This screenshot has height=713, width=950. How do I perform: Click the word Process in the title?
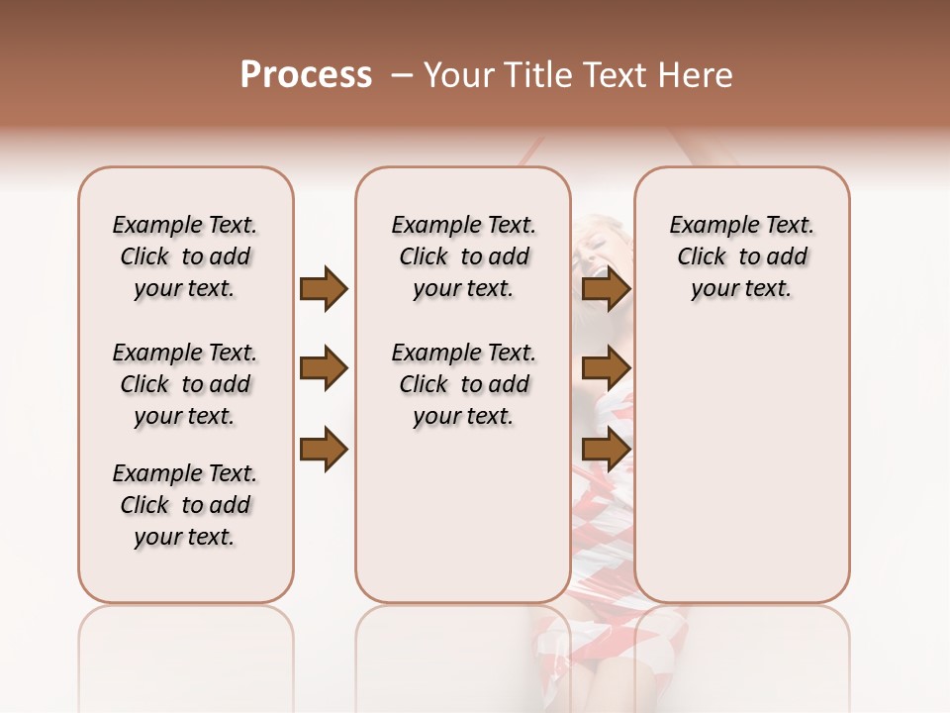click(306, 75)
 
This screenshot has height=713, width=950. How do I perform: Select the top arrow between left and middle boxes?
click(324, 289)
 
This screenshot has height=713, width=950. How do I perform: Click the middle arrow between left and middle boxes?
click(324, 369)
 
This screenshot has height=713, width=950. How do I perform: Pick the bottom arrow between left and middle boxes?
click(324, 450)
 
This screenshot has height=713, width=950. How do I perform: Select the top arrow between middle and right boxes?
click(606, 289)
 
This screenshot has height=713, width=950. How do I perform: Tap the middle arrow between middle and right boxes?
click(606, 369)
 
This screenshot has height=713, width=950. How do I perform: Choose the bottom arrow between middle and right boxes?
click(606, 450)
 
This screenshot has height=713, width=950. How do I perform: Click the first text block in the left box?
click(185, 256)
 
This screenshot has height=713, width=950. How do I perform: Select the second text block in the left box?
click(185, 384)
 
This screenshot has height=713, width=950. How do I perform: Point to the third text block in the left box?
click(185, 505)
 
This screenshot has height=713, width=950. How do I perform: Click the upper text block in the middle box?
click(463, 256)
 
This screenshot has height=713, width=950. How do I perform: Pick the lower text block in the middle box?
click(463, 384)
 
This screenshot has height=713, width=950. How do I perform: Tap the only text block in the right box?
click(741, 256)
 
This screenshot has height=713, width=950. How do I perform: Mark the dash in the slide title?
click(401, 75)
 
